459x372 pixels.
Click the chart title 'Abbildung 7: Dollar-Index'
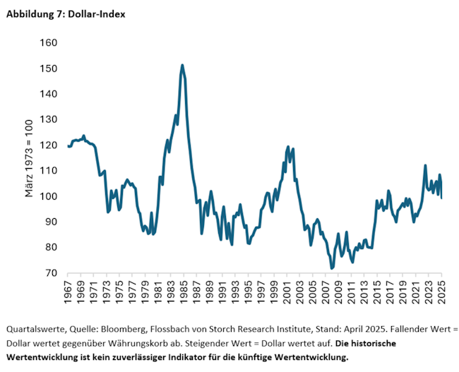click(66, 13)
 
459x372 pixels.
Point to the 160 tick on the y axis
click(48, 43)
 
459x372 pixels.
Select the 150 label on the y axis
click(48, 68)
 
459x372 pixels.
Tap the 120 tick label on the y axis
click(48, 145)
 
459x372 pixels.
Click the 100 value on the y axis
click(48, 196)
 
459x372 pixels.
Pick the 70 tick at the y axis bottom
click(51, 272)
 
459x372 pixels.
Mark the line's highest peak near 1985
click(182, 66)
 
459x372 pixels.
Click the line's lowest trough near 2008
click(332, 268)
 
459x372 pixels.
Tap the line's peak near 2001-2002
click(288, 147)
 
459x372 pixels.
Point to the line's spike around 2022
click(425, 166)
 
